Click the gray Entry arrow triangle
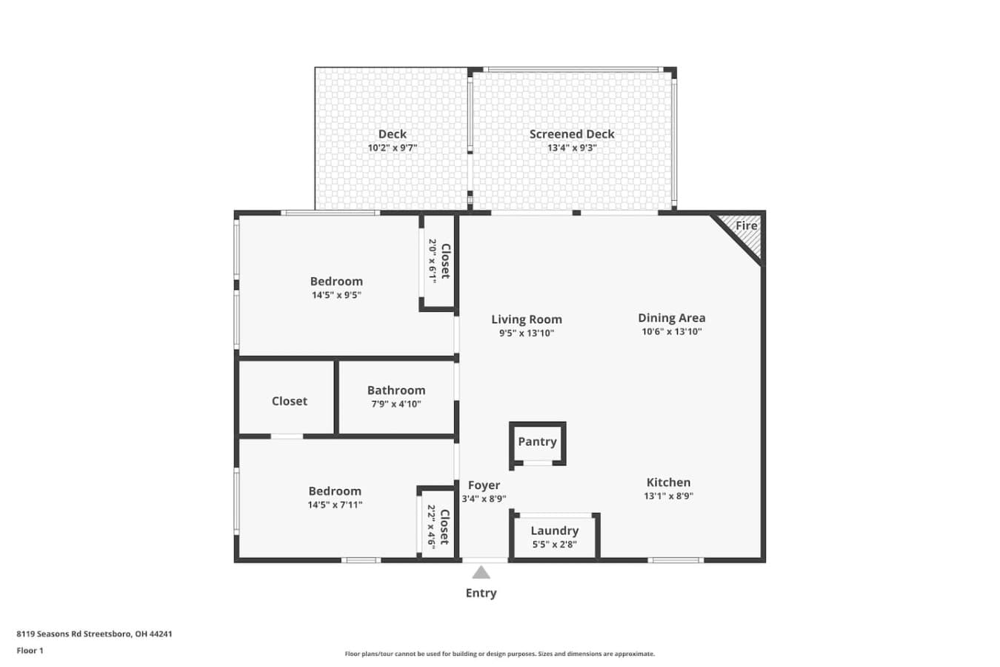click(481, 572)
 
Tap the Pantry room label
click(537, 442)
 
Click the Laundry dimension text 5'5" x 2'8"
click(555, 544)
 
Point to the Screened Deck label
click(572, 134)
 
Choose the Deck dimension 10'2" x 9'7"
click(393, 148)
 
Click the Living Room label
click(527, 319)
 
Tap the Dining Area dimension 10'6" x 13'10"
click(672, 331)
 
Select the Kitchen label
click(669, 482)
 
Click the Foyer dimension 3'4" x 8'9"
click(484, 499)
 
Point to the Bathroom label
click(396, 391)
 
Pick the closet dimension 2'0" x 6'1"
click(433, 262)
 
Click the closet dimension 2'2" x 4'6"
click(431, 527)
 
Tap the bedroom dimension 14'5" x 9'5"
click(336, 295)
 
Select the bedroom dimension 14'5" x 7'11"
click(335, 505)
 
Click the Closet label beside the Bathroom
click(290, 401)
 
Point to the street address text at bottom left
click(94, 634)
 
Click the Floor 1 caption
click(30, 651)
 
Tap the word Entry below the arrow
click(481, 594)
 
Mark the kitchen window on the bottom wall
click(676, 560)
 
